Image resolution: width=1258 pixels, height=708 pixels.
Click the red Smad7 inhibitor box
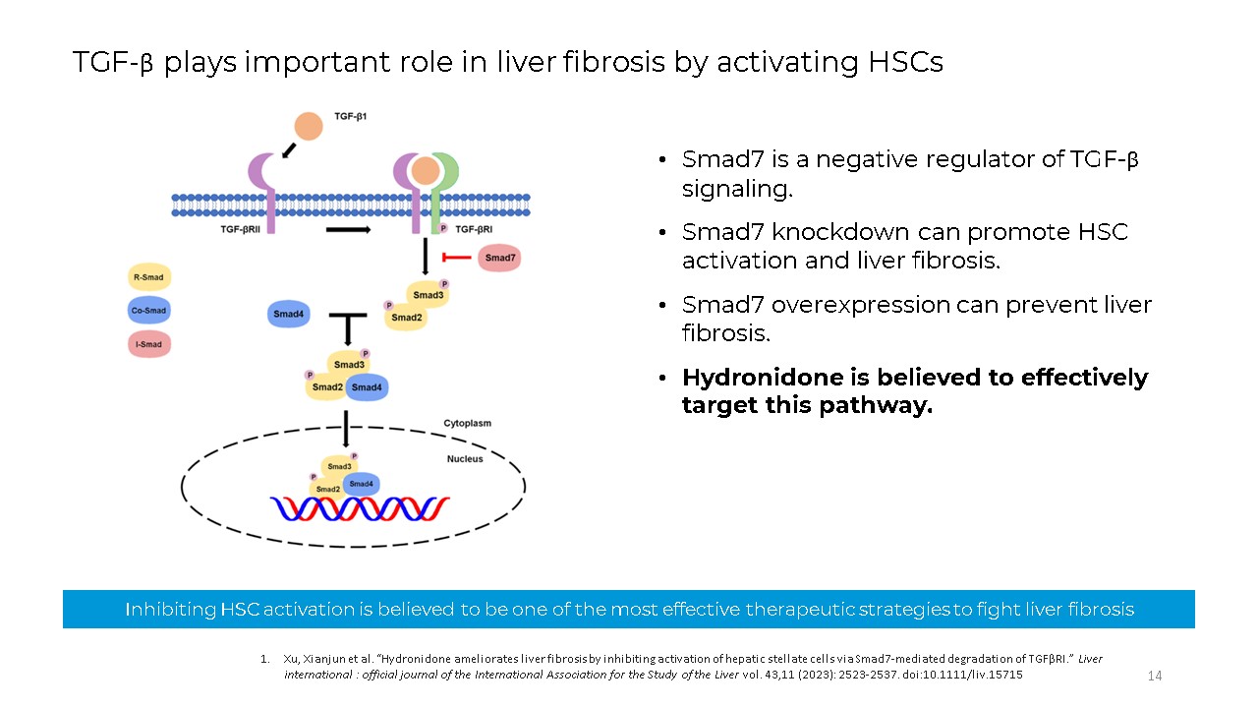tap(499, 259)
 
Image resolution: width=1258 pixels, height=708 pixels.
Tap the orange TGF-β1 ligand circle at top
tap(309, 126)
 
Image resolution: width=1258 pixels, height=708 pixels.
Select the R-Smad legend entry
tap(150, 278)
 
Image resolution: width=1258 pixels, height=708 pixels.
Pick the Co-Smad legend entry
tap(150, 311)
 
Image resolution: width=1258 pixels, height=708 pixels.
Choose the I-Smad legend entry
tap(150, 344)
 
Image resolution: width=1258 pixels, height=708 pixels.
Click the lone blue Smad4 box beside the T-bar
tap(289, 315)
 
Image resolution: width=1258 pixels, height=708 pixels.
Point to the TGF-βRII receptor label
tap(244, 228)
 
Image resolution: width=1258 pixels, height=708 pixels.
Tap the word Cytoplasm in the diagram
tap(467, 424)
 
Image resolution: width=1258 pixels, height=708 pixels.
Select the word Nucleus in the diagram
tap(465, 459)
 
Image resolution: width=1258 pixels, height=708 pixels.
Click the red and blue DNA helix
tap(360, 508)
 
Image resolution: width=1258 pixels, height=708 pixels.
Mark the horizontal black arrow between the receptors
tap(348, 229)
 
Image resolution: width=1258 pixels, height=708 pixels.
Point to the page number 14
tap(1155, 676)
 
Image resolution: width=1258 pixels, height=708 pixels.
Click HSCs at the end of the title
tap(905, 62)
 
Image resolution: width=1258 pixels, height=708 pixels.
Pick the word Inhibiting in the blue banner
tap(171, 610)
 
